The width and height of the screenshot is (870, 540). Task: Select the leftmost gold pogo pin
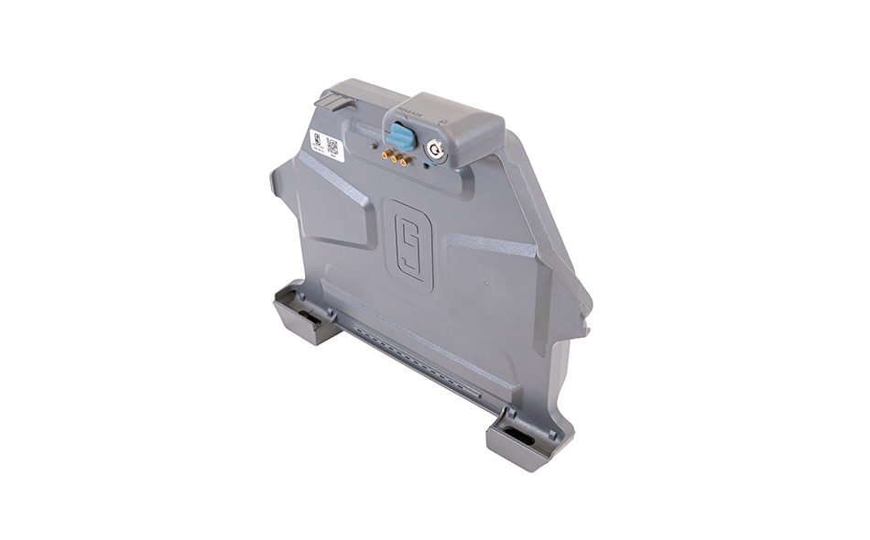coord(386,153)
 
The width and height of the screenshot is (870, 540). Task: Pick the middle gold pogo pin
coord(396,157)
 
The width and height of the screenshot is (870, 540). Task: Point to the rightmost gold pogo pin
coord(405,160)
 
